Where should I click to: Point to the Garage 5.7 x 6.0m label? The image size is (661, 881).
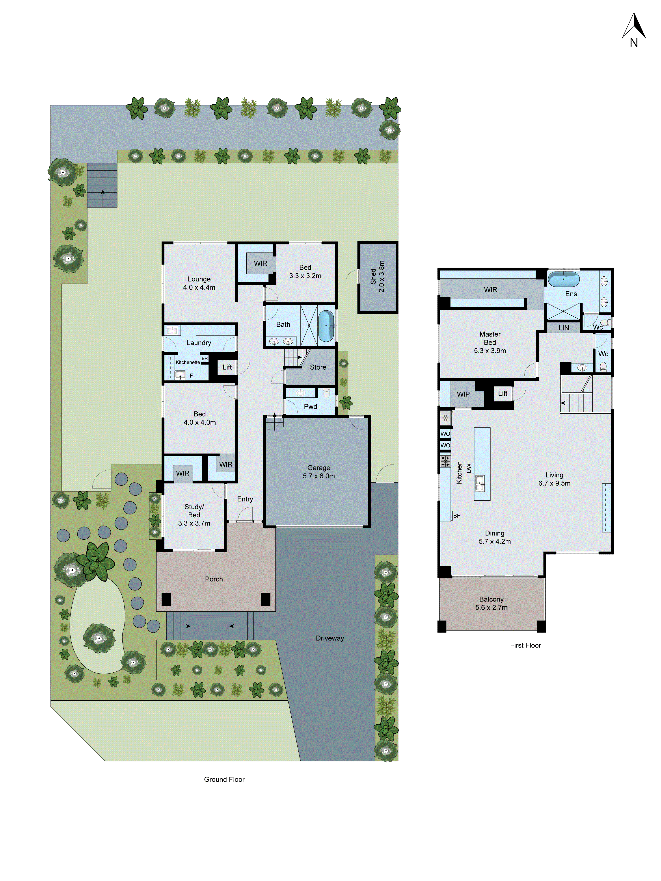click(318, 472)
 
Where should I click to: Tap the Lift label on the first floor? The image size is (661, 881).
click(502, 394)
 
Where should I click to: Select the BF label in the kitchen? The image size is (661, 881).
click(456, 515)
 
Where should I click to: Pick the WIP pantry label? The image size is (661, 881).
click(463, 394)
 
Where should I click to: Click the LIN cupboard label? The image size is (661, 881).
click(563, 328)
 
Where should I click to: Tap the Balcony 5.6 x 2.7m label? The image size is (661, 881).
click(491, 603)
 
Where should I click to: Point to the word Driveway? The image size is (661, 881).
click(330, 638)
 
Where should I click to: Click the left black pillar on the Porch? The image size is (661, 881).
click(166, 599)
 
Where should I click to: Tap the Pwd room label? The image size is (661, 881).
click(310, 406)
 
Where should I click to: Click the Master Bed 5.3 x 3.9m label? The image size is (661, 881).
click(490, 342)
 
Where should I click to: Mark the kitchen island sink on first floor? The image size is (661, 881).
click(480, 483)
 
